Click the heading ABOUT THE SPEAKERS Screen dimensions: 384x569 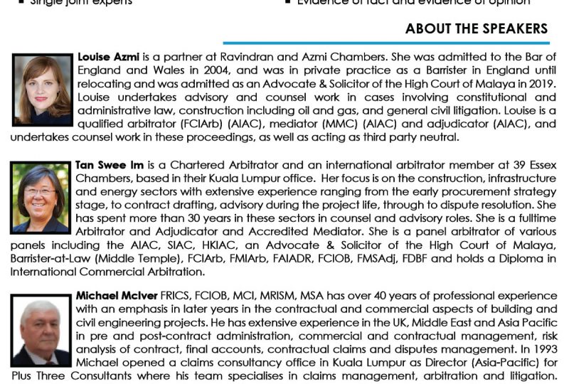(x=477, y=29)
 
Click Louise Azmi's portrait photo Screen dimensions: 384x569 (x=41, y=81)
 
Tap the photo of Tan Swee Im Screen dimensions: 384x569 (x=41, y=198)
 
